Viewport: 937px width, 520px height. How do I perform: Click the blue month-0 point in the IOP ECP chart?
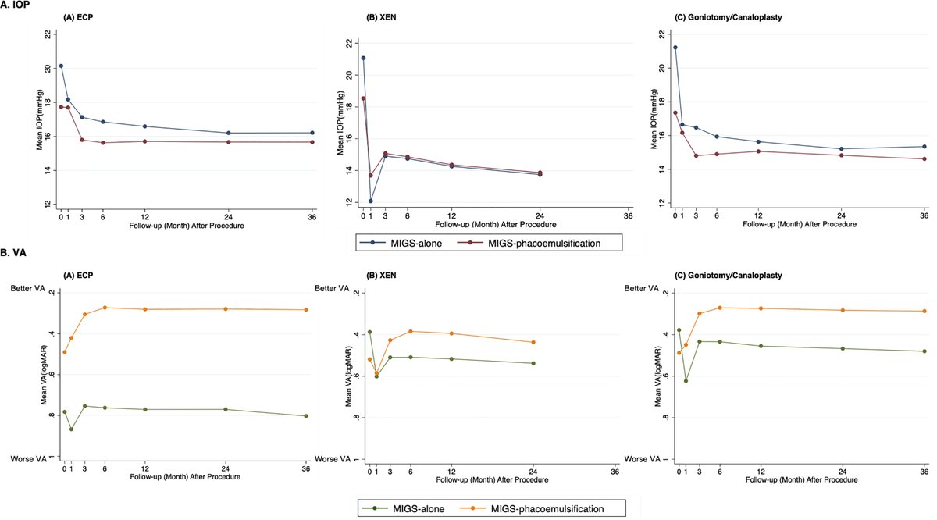(61, 66)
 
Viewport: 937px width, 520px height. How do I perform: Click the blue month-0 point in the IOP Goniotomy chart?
(675, 48)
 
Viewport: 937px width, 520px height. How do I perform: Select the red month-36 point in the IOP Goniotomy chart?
(925, 159)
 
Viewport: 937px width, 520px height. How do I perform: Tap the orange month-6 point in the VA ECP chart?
(105, 308)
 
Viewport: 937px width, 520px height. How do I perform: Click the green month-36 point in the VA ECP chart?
(306, 416)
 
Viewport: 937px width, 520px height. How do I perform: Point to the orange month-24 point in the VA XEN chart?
(533, 342)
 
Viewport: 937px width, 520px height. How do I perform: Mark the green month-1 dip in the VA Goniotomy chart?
(686, 381)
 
